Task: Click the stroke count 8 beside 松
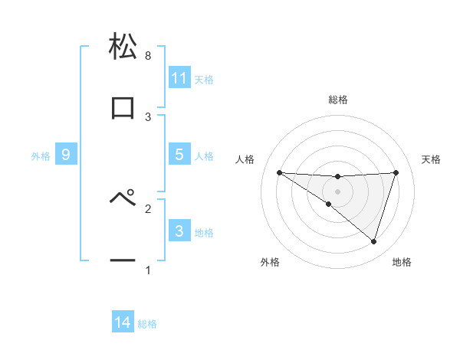(x=148, y=56)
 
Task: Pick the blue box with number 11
(x=179, y=78)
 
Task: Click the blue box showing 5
(x=179, y=155)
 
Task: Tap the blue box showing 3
(x=179, y=231)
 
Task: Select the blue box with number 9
(x=66, y=155)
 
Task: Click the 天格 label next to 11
(x=204, y=79)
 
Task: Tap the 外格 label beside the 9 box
(x=41, y=155)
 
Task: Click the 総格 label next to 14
(x=147, y=324)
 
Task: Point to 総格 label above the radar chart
(x=337, y=100)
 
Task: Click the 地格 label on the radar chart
(x=402, y=262)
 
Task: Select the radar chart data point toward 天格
(x=396, y=172)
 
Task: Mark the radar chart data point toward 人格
(x=279, y=172)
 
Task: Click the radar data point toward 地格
(x=374, y=241)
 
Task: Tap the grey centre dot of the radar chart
(x=337, y=191)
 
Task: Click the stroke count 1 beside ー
(x=148, y=270)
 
